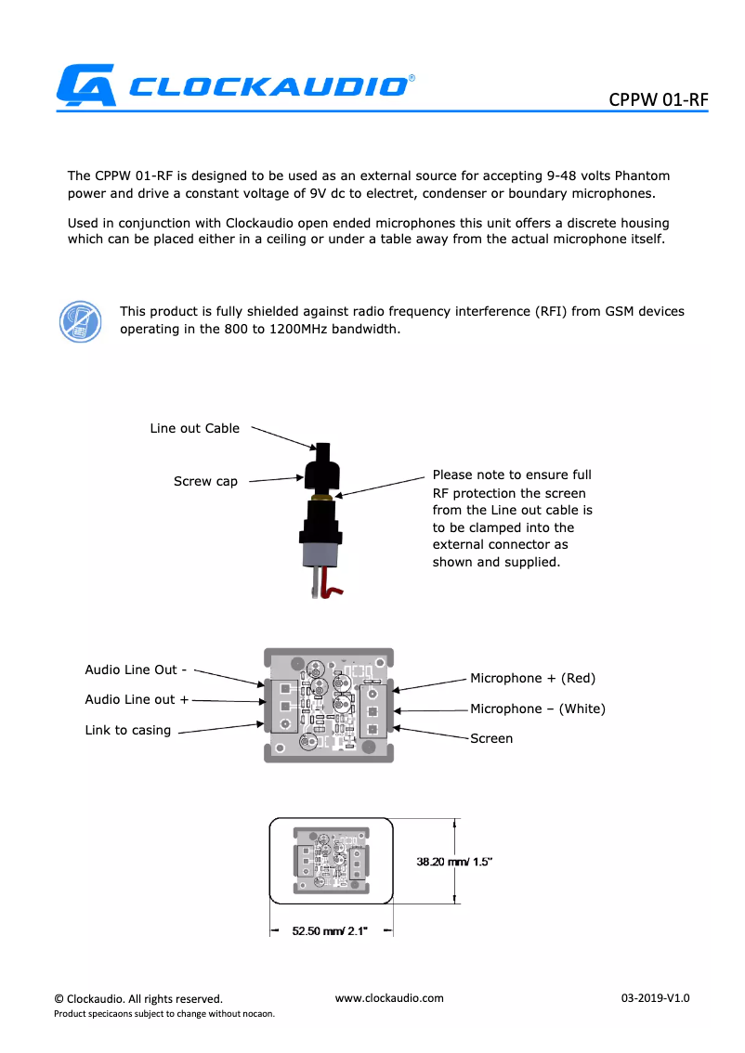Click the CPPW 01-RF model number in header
[x=658, y=99]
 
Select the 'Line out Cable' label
[x=195, y=428]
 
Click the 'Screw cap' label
[x=205, y=481]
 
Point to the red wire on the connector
[x=332, y=588]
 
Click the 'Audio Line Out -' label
[x=136, y=669]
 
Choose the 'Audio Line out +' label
[x=137, y=699]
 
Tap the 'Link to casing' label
[x=128, y=730]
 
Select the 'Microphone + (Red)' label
[x=532, y=678]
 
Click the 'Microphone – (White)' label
[x=537, y=708]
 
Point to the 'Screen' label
[x=491, y=738]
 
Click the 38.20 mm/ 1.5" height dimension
[x=453, y=862]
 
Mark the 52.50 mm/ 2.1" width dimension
[x=330, y=930]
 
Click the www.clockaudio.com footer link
[x=389, y=998]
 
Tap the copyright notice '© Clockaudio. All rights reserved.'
[x=138, y=999]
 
